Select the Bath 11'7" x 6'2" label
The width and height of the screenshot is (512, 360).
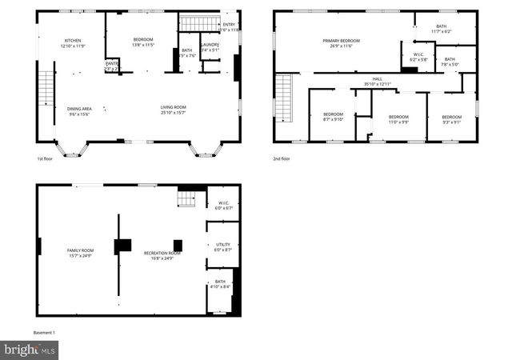442,29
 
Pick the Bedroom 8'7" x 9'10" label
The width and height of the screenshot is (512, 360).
333,117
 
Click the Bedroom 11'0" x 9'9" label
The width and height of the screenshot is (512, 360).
398,119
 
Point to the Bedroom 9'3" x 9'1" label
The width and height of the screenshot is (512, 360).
451,119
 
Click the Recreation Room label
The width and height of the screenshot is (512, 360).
162,255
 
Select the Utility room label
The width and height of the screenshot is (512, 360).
222,247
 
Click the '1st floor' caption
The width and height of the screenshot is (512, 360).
45,158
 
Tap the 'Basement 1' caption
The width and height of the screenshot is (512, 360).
44,332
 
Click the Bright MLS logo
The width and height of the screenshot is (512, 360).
30,350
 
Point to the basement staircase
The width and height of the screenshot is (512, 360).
186,197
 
